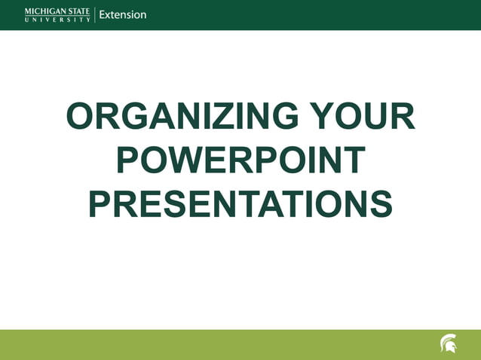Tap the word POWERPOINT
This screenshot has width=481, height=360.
pos(241,161)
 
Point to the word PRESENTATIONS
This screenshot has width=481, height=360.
pos(240,204)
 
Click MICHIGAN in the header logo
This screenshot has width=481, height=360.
pos(45,11)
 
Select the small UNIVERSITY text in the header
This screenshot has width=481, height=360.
pos(57,20)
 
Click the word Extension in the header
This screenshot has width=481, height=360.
pos(123,14)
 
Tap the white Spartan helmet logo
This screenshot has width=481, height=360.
pos(448,344)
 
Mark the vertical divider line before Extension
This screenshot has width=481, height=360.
pos(94,14)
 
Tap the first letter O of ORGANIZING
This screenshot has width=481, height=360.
pos(81,117)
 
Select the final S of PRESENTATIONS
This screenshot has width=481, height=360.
pos(380,204)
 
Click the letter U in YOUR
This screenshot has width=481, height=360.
pos(370,117)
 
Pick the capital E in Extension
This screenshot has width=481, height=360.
pos(103,14)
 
